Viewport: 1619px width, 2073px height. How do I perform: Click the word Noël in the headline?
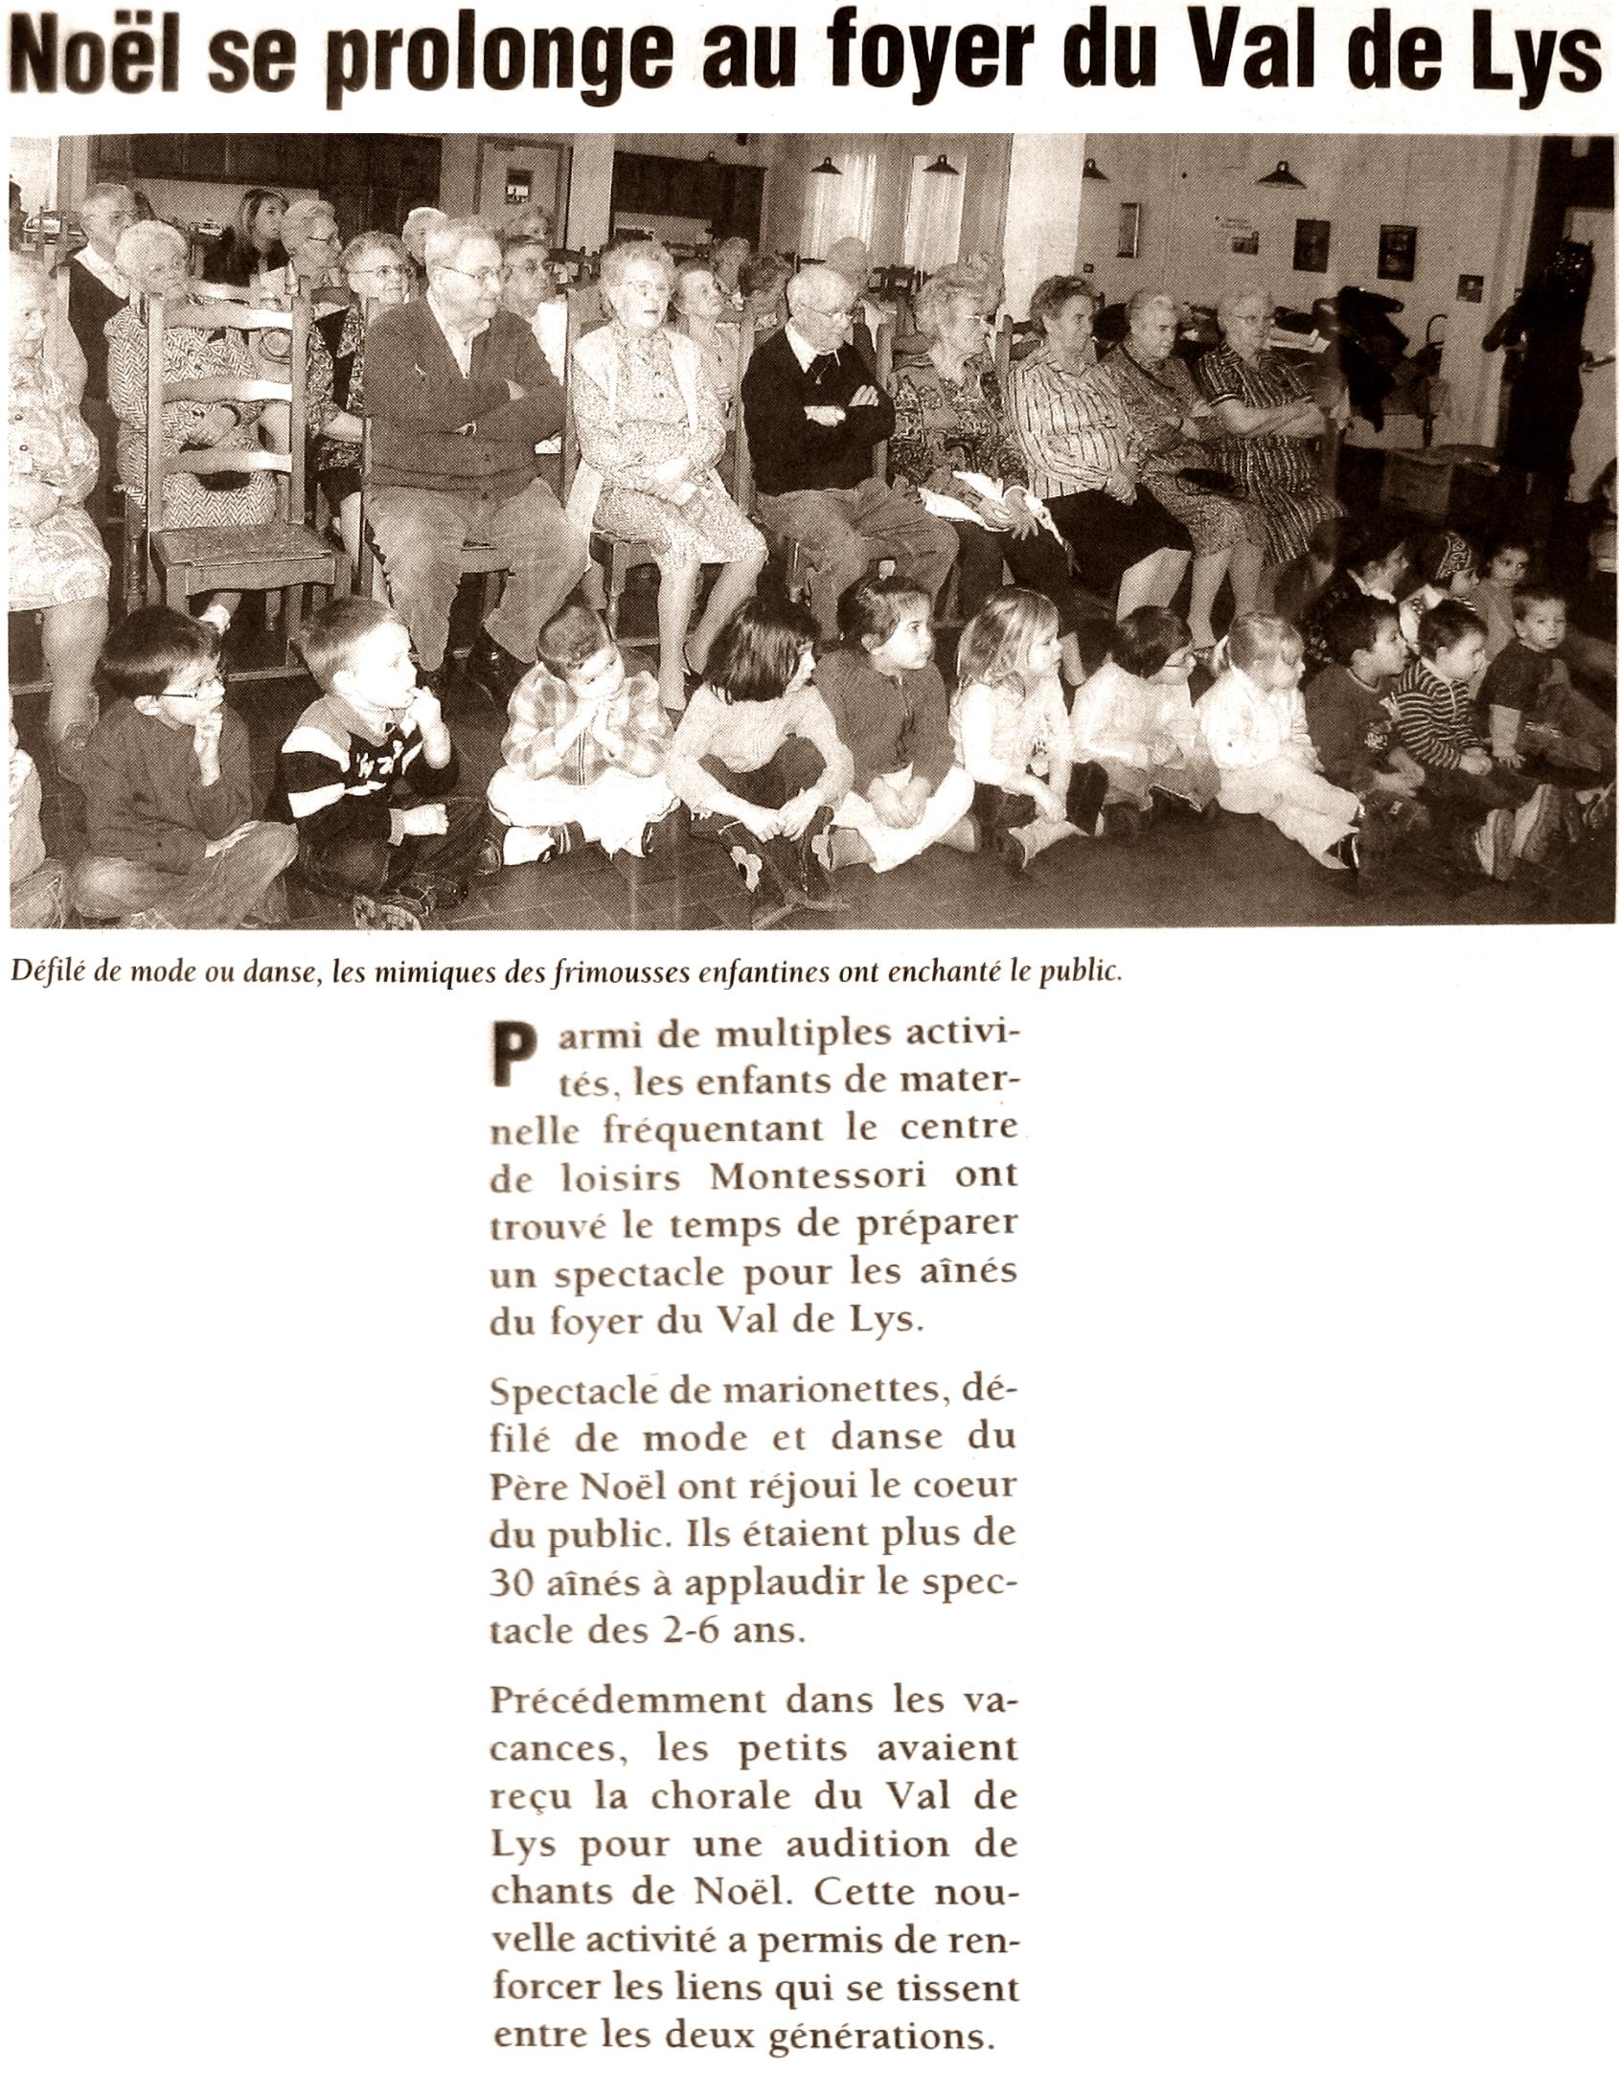click(x=92, y=59)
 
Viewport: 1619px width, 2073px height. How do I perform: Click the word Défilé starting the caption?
click(x=38, y=972)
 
